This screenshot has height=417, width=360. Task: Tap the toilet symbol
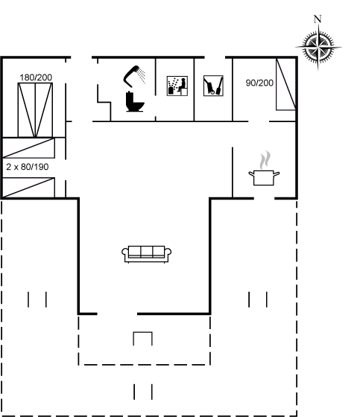point(135,101)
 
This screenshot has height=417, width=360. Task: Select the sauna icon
point(177,86)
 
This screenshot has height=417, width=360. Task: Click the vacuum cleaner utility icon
point(213,86)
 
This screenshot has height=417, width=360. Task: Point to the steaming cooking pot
point(264,177)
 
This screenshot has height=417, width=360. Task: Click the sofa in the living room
point(146,254)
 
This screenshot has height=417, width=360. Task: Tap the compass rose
point(318,48)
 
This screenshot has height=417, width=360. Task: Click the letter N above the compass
point(318,19)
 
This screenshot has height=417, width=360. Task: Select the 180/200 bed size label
point(36,77)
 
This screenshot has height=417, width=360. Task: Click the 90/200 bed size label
point(259,83)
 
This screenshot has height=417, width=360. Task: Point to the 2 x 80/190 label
point(28,167)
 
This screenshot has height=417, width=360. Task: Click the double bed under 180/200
point(35,110)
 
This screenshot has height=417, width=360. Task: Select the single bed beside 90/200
point(285,84)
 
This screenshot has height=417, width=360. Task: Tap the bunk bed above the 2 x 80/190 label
point(28,148)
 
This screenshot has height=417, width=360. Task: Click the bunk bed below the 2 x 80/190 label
point(28,188)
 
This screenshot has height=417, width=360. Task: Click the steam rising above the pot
point(265,160)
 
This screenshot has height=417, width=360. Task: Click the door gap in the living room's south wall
point(117,313)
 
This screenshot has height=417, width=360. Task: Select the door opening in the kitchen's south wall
point(264,198)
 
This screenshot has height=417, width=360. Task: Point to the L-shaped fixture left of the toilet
point(104,102)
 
